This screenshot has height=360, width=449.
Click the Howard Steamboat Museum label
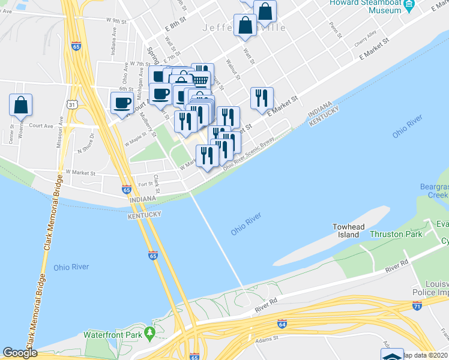pos(365,7)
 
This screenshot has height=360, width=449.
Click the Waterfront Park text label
pos(111,334)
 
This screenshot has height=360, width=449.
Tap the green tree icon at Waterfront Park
pos(151,334)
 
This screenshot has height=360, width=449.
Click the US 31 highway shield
pos(71,105)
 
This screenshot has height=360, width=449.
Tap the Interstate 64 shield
pos(282,324)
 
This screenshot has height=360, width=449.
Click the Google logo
pos(20,353)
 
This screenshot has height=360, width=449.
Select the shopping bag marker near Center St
pos(20,105)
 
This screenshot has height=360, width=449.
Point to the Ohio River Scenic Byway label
pos(249,154)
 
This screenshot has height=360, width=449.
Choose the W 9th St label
pos(116,20)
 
